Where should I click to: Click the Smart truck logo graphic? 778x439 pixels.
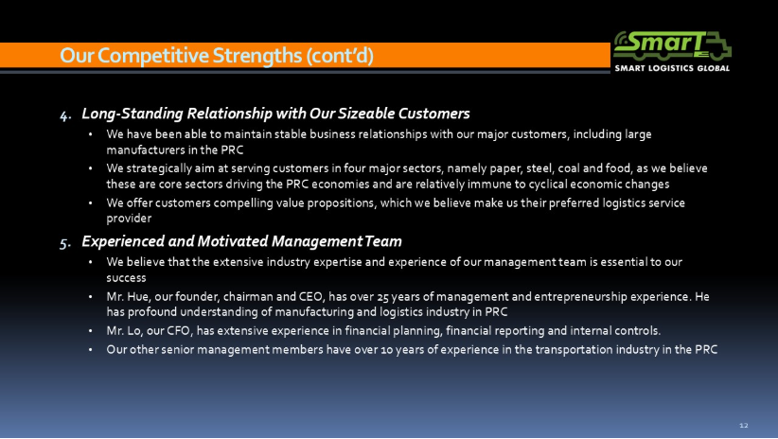[672, 45]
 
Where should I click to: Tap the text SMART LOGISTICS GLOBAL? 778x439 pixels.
[672, 68]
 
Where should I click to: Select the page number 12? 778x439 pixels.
[743, 425]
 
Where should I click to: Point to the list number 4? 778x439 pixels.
[65, 115]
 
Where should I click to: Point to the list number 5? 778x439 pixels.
[65, 243]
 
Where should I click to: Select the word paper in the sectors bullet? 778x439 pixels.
[505, 169]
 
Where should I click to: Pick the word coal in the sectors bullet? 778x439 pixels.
[569, 168]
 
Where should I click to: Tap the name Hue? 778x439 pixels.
[137, 297]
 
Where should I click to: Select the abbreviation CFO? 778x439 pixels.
[178, 331]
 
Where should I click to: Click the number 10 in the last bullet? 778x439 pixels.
[386, 350]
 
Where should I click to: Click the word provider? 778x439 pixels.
[129, 219]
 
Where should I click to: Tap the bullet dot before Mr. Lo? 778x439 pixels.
[90, 331]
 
